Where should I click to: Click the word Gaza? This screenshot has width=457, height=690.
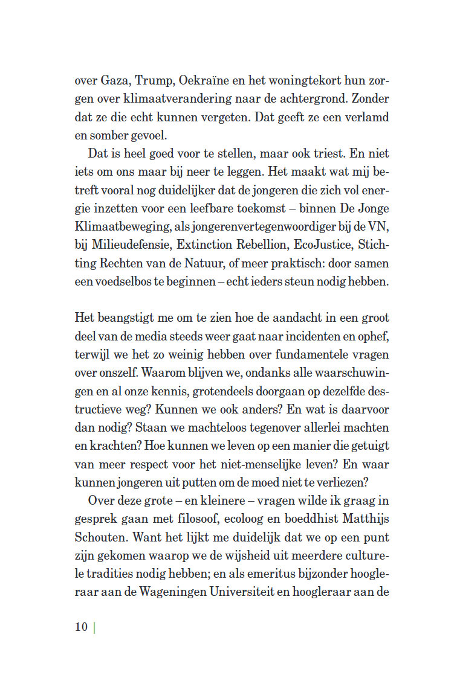114,80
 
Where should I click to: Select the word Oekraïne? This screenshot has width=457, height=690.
208,80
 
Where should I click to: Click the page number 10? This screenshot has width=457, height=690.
82,627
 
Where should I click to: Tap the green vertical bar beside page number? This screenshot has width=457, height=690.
95,627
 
